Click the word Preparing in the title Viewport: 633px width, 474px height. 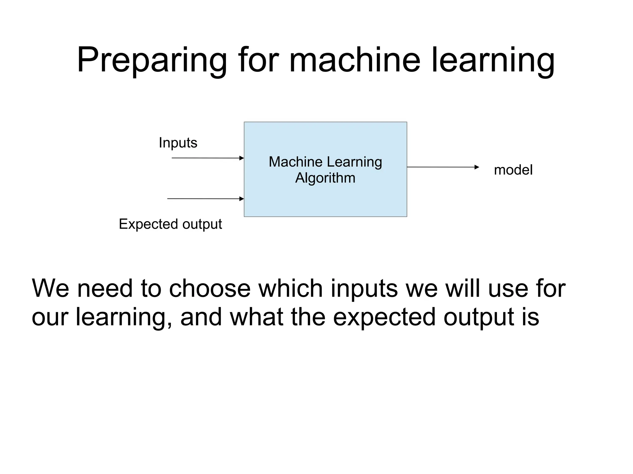point(151,60)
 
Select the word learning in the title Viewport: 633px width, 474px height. point(493,60)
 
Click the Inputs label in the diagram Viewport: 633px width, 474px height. point(178,143)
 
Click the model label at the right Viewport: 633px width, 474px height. point(513,170)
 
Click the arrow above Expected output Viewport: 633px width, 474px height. point(206,199)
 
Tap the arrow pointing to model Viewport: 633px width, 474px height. point(443,167)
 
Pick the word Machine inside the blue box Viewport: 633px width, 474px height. point(295,162)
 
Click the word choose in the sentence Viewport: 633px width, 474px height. point(210,289)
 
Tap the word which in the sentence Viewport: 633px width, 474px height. point(290,289)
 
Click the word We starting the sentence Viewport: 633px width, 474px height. point(50,289)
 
